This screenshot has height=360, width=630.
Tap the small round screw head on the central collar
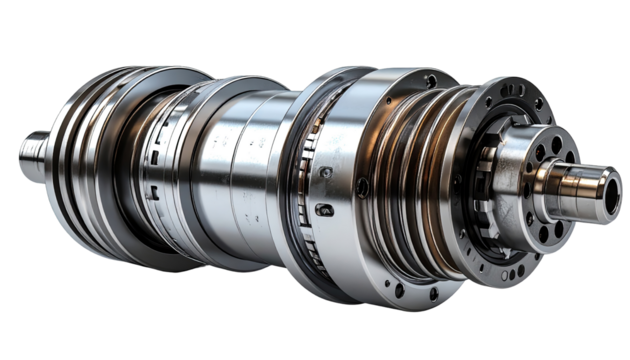tap(326, 173)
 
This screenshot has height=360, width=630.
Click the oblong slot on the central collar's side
tap(325, 209)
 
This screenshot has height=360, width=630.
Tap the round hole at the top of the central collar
tap(430, 80)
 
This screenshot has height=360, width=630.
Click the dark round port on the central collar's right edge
tap(362, 186)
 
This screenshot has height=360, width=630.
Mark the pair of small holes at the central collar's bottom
tap(415, 290)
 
